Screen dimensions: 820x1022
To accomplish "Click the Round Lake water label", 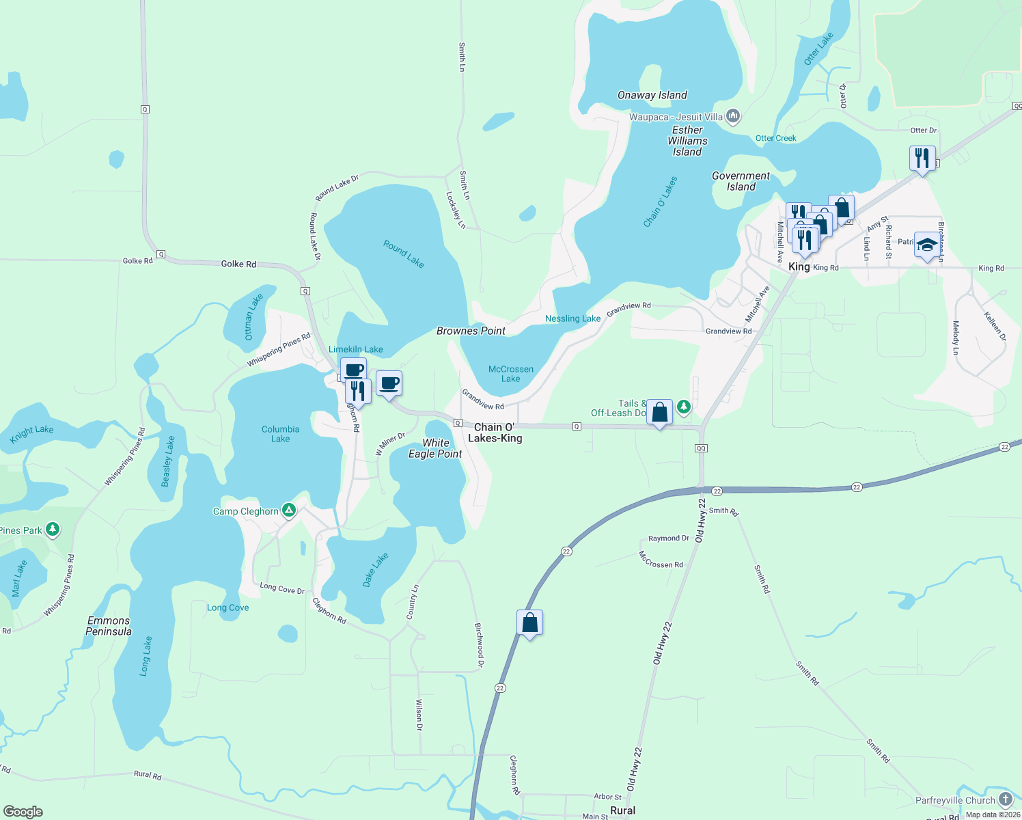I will pyautogui.click(x=403, y=254).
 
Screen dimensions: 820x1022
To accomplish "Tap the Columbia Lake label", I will pyautogui.click(x=280, y=434).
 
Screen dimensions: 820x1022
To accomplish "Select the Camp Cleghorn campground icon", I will pyautogui.click(x=289, y=510).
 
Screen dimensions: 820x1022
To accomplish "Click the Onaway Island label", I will pyautogui.click(x=652, y=95).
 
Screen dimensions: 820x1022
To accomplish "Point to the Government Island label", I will pyautogui.click(x=741, y=181).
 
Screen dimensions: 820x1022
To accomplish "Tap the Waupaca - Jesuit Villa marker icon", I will pyautogui.click(x=733, y=116).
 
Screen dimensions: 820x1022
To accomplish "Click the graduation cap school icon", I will pyautogui.click(x=926, y=245).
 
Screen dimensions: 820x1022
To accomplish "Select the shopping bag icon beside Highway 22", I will pyautogui.click(x=529, y=623).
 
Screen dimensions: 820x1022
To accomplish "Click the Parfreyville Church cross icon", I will pyautogui.click(x=1005, y=799).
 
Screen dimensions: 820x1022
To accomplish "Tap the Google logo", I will pyautogui.click(x=23, y=811).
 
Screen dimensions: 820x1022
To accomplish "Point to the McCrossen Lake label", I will pyautogui.click(x=510, y=374).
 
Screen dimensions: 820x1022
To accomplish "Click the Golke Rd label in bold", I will pyautogui.click(x=238, y=264).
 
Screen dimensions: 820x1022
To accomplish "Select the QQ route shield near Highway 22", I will pyautogui.click(x=701, y=448).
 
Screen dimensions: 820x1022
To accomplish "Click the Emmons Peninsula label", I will pyautogui.click(x=108, y=626).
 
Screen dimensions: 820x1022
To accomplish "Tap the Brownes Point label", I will pyautogui.click(x=471, y=331).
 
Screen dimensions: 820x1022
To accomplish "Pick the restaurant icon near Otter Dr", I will pyautogui.click(x=922, y=158).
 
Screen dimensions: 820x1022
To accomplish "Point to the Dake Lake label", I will pyautogui.click(x=375, y=569).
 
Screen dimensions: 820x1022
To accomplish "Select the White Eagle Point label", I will pyautogui.click(x=435, y=448).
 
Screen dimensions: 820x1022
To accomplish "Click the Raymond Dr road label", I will pyautogui.click(x=668, y=538).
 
